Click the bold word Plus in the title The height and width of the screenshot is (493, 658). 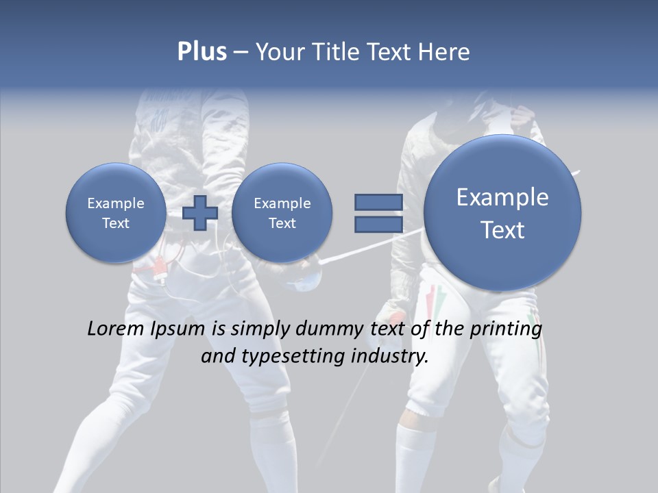click(x=202, y=52)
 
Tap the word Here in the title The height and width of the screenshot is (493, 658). click(x=443, y=52)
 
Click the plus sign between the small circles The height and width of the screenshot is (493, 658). click(x=200, y=213)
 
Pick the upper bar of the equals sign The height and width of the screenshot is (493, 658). click(x=378, y=202)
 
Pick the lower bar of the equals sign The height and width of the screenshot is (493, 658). click(x=378, y=225)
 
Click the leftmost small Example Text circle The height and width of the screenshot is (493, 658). click(x=116, y=213)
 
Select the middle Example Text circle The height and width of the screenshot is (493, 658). click(x=282, y=213)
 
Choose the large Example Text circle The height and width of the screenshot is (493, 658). click(x=502, y=213)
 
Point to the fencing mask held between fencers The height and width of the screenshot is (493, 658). click(x=302, y=277)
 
